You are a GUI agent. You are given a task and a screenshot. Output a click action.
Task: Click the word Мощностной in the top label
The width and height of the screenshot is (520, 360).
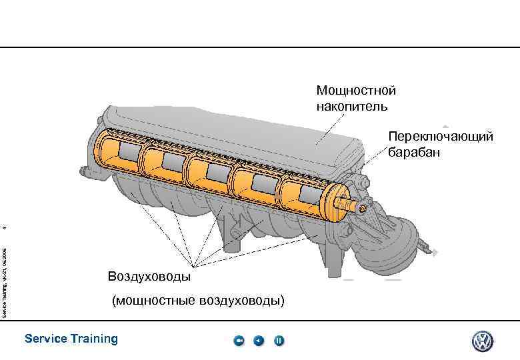356,90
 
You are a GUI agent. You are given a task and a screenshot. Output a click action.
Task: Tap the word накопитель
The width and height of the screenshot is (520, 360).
351,105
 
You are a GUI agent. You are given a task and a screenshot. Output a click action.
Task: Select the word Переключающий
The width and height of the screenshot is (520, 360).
441,137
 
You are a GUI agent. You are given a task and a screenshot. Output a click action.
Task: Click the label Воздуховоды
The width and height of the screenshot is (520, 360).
149,276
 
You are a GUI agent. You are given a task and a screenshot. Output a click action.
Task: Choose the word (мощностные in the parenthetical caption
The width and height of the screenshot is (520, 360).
152,301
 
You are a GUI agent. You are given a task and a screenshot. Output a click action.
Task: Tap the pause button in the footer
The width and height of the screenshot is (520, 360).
279,341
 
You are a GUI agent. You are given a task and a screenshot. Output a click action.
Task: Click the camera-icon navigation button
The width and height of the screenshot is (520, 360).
239,341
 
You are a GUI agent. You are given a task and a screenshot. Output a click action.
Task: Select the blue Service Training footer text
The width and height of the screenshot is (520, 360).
71,339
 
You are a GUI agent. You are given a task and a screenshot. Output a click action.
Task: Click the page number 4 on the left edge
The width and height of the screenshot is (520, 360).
5,228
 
